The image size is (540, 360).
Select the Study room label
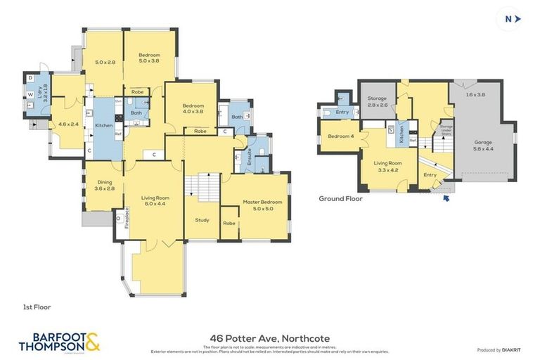pyautogui.click(x=202, y=220)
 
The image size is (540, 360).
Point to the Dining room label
pyautogui.click(x=104, y=185)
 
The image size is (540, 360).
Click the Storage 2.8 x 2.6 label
pyautogui.click(x=378, y=102)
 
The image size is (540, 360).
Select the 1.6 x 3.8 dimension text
pyautogui.click(x=475, y=94)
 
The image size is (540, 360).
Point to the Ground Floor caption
pyautogui.click(x=340, y=199)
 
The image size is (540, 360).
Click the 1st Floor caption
pyautogui.click(x=37, y=307)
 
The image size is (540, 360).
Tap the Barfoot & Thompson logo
pyautogui.click(x=58, y=341)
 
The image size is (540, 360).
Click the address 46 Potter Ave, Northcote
pyautogui.click(x=270, y=338)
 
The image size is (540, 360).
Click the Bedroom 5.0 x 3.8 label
pyautogui.click(x=149, y=58)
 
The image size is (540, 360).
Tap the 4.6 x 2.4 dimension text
pyautogui.click(x=68, y=124)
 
